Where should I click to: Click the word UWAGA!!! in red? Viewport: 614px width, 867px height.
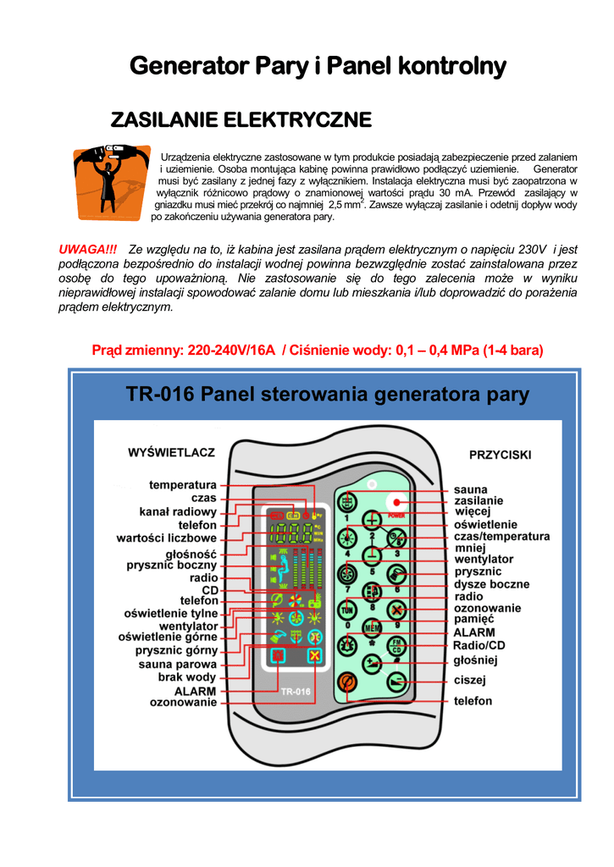click(x=87, y=249)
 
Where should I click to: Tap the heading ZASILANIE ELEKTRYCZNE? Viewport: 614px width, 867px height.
click(x=241, y=120)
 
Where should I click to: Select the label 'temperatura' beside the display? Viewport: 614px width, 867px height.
click(x=183, y=485)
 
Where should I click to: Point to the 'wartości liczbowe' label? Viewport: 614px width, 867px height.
click(x=166, y=538)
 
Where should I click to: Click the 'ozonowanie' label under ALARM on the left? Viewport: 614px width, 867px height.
click(x=183, y=703)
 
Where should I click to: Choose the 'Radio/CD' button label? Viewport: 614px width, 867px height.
click(x=479, y=645)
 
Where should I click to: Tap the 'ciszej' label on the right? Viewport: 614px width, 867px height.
click(x=470, y=680)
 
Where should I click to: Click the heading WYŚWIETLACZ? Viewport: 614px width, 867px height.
click(x=171, y=453)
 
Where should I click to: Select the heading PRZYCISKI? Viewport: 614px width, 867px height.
click(x=500, y=455)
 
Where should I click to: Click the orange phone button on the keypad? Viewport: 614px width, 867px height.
click(x=346, y=682)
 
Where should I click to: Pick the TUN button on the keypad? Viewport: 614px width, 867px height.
click(x=346, y=609)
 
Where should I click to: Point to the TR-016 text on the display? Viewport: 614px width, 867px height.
click(x=296, y=691)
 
